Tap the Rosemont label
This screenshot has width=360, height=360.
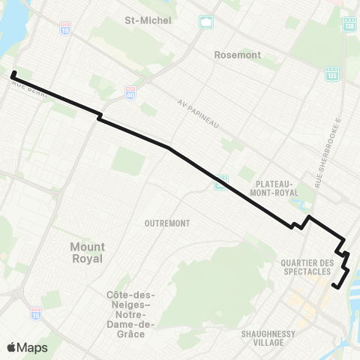(237, 55)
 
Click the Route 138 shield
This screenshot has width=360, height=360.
(349, 25)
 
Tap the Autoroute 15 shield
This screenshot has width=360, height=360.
(36, 310)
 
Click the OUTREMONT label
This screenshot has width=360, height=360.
(167, 223)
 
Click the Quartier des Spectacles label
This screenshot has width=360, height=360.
(304, 266)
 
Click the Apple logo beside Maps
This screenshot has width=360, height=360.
(11, 347)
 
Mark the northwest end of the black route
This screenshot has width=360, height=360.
(13, 73)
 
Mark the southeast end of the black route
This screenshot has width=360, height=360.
(334, 286)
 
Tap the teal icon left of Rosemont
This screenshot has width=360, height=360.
(205, 22)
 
